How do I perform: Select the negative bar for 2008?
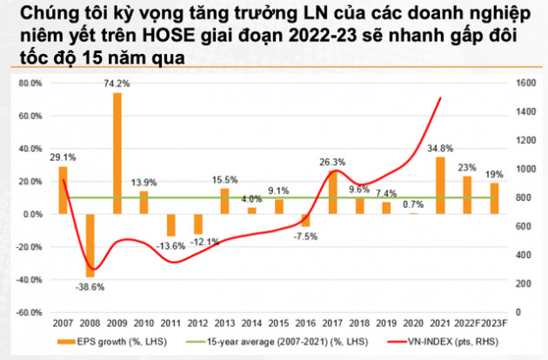click(90, 244)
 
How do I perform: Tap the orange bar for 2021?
click(441, 184)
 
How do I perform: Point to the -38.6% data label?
click(90, 284)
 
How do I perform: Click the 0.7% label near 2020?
click(413, 204)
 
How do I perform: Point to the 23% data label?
click(468, 168)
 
